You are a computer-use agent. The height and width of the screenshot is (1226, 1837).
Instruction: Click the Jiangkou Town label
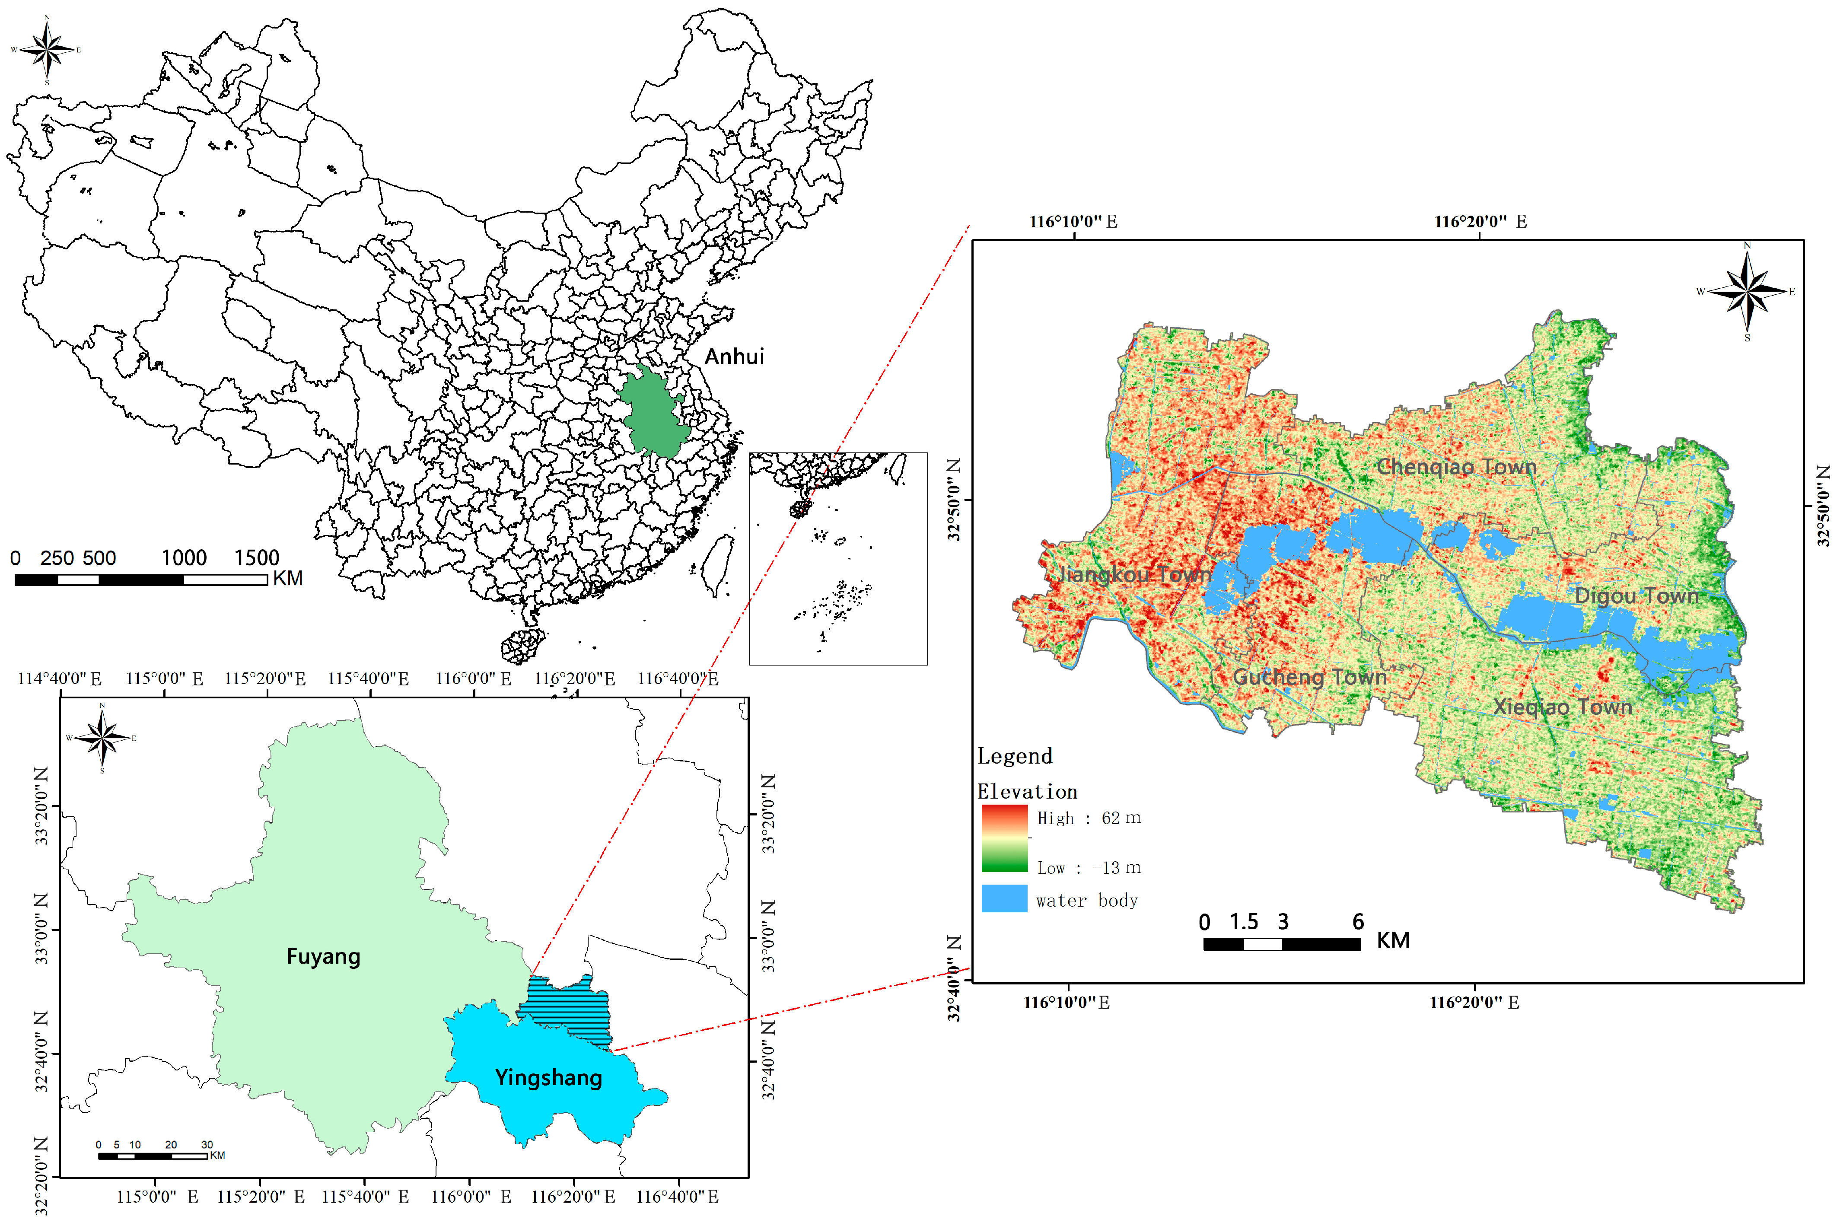click(1133, 575)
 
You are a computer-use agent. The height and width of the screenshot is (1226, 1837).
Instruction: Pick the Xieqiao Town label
click(1563, 707)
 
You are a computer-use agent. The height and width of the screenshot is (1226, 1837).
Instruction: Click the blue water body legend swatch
click(1004, 898)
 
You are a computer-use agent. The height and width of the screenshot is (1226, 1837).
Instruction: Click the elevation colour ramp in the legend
click(1004, 838)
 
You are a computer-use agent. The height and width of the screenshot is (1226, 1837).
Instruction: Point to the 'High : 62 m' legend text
click(1088, 818)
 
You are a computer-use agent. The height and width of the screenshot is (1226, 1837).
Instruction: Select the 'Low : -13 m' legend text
click(1088, 868)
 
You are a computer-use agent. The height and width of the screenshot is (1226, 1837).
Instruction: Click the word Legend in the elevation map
click(1015, 756)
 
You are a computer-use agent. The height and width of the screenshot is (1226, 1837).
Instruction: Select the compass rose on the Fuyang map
click(102, 737)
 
